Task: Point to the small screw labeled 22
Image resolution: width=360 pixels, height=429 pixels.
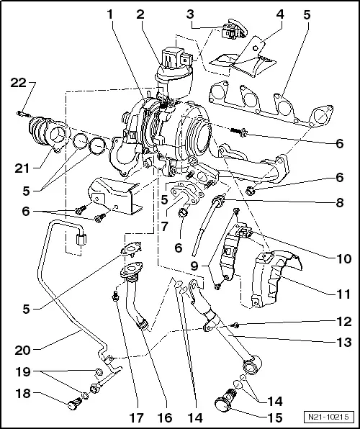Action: (x=22, y=113)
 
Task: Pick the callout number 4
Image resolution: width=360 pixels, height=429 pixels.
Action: (x=279, y=14)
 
